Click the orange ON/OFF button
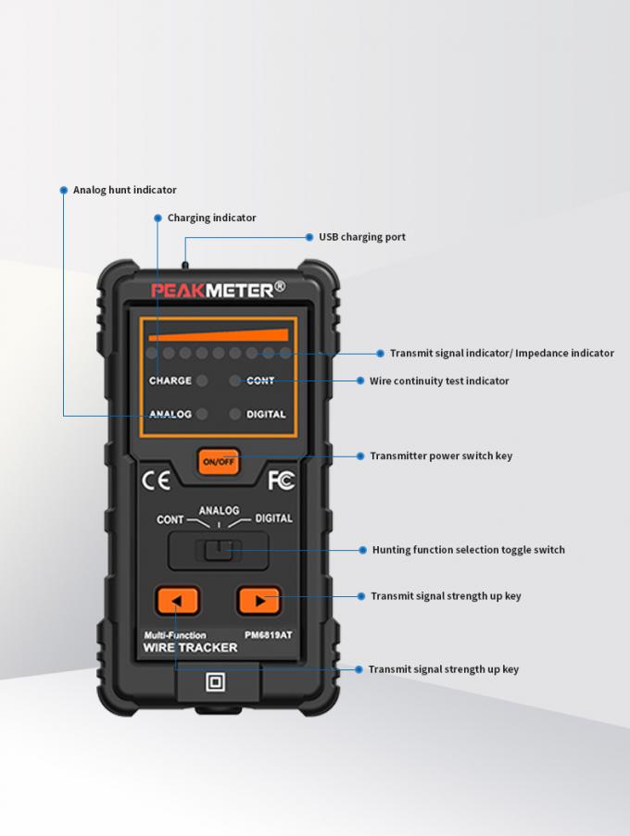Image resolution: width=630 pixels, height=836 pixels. pyautogui.click(x=219, y=460)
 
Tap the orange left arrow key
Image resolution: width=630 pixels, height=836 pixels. pyautogui.click(x=178, y=601)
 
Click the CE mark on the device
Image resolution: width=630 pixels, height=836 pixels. pyautogui.click(x=155, y=481)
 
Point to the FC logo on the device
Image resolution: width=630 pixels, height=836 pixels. pyautogui.click(x=281, y=481)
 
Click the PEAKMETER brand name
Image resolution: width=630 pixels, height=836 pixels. pyautogui.click(x=218, y=291)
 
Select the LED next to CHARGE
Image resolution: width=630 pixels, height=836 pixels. pyautogui.click(x=202, y=381)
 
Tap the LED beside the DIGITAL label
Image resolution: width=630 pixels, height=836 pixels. pyautogui.click(x=234, y=414)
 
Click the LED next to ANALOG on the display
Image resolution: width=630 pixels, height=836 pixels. pyautogui.click(x=202, y=414)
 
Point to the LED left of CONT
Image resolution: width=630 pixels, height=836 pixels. pyautogui.click(x=234, y=381)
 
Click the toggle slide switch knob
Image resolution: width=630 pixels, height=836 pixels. pyautogui.click(x=219, y=551)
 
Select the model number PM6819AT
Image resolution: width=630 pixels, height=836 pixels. pyautogui.click(x=269, y=635)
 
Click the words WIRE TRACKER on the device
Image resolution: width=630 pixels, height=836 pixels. pyautogui.click(x=190, y=648)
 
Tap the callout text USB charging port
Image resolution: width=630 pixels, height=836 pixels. pyautogui.click(x=362, y=237)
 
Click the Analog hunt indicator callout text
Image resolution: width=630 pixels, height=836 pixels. pyautogui.click(x=124, y=190)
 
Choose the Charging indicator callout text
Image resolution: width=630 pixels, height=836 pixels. pyautogui.click(x=211, y=218)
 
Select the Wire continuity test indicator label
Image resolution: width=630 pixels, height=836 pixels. pyautogui.click(x=439, y=381)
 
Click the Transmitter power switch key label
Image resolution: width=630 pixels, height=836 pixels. pyautogui.click(x=441, y=455)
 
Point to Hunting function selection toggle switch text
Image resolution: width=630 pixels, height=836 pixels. pyautogui.click(x=468, y=550)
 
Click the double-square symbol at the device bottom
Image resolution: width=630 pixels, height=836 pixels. pyautogui.click(x=216, y=683)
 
